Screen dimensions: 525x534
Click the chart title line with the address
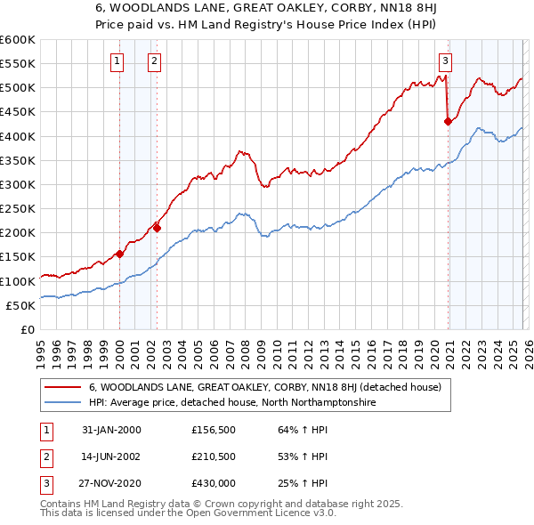pos(267,10)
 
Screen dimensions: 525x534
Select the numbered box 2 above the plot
pos(154,61)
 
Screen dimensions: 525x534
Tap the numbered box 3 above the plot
pos(445,61)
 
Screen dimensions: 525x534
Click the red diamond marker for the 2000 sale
pos(119,254)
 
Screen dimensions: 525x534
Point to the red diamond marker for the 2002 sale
pos(157,228)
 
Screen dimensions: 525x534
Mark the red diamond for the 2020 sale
pos(448,122)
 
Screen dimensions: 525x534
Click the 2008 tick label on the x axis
pos(245,351)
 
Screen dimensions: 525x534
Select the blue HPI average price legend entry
pos(232,402)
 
